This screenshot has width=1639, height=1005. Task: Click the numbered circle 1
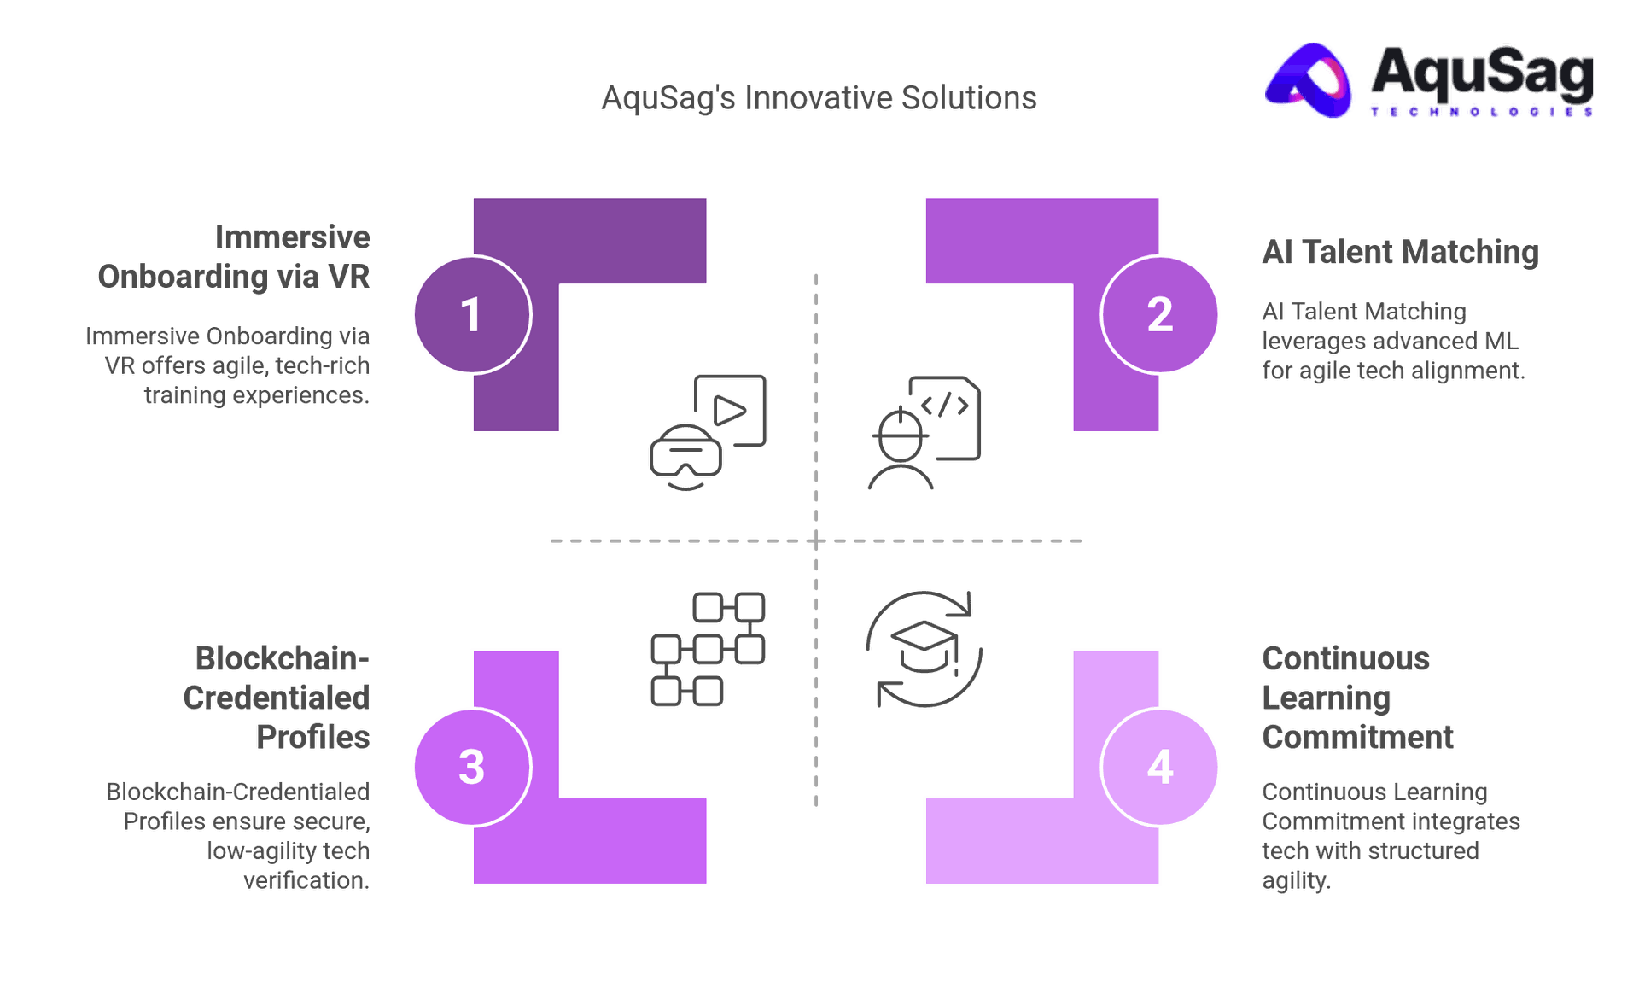471,314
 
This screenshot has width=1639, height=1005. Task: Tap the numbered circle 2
1160,314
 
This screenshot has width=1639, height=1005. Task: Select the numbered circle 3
471,767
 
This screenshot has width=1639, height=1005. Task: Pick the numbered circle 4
1160,767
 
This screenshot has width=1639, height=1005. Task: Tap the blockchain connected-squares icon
708,649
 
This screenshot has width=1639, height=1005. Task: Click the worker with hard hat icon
900,453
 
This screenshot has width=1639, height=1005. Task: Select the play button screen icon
731,410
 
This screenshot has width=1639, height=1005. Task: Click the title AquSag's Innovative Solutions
819,98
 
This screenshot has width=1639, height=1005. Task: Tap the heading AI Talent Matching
1400,252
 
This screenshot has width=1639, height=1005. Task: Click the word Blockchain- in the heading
281,658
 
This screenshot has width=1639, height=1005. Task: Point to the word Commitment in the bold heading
1357,737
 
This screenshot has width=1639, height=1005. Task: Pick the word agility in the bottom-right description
1295,880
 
